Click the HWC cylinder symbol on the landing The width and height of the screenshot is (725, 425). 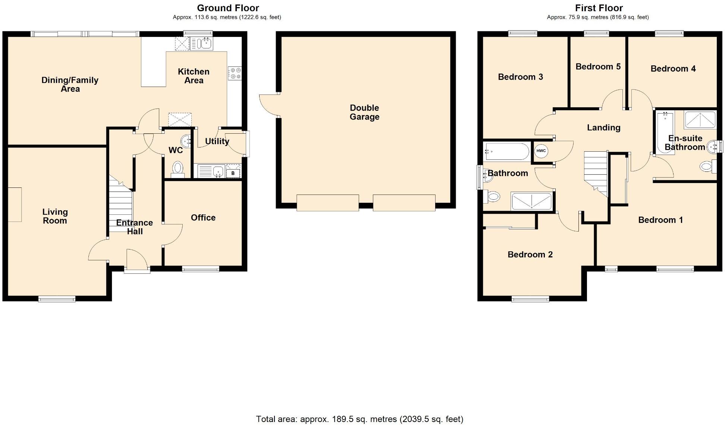pyautogui.click(x=541, y=151)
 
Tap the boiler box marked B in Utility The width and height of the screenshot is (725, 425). pyautogui.click(x=233, y=173)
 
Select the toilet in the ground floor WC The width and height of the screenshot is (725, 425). pyautogui.click(x=178, y=169)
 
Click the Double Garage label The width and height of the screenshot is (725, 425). pyautogui.click(x=364, y=112)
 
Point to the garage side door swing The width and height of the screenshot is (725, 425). pyautogui.click(x=269, y=104)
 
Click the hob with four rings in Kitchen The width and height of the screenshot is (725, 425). pyautogui.click(x=235, y=73)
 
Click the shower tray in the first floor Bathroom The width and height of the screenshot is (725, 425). pyautogui.click(x=531, y=201)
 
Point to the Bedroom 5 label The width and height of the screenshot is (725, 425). pyautogui.click(x=598, y=66)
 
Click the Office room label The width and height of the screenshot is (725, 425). pyautogui.click(x=203, y=218)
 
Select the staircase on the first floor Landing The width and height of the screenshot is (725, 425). pyautogui.click(x=596, y=172)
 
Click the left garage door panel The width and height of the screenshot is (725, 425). pyautogui.click(x=327, y=203)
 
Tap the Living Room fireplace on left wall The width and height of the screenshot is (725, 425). pyautogui.click(x=15, y=205)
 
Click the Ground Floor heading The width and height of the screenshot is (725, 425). pyautogui.click(x=228, y=8)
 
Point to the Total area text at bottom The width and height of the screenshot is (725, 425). pyautogui.click(x=360, y=419)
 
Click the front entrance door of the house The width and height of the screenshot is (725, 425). pyautogui.click(x=137, y=261)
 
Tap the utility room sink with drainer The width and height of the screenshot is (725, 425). pyautogui.click(x=211, y=171)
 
